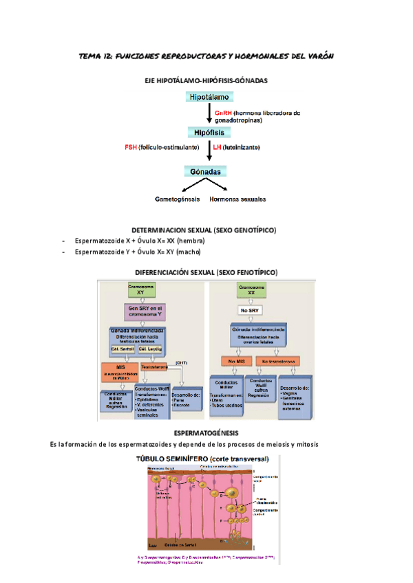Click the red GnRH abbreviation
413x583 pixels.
click(x=222, y=113)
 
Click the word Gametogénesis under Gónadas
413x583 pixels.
click(x=177, y=199)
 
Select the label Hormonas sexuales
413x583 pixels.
click(x=237, y=199)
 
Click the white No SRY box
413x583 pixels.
click(x=248, y=310)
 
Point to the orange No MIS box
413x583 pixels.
click(x=235, y=360)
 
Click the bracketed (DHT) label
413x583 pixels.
click(x=182, y=362)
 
